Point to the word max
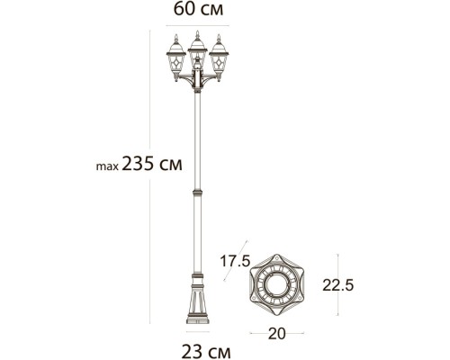point(106,167)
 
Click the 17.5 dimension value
point(233,261)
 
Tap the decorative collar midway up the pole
point(196,192)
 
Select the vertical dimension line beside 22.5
point(338,284)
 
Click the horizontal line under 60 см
point(196,27)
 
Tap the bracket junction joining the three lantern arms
point(196,86)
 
